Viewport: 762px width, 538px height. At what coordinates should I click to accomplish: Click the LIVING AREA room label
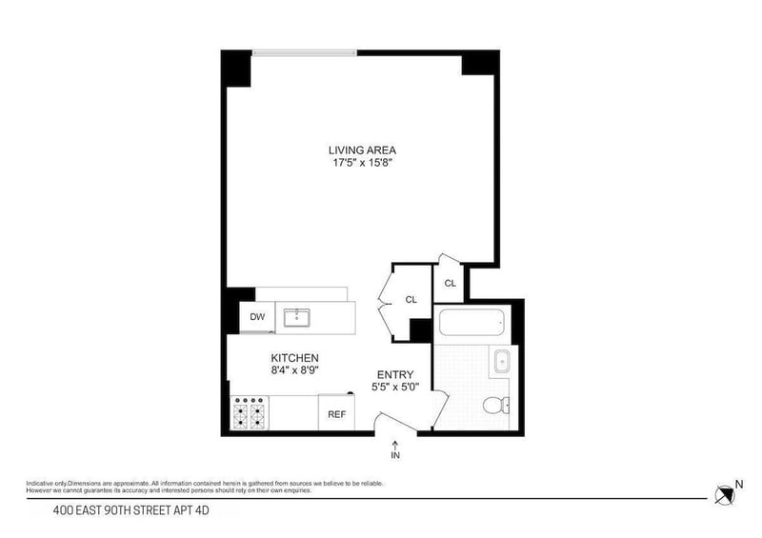coord(362,149)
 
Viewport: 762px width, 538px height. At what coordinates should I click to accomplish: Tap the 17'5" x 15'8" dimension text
coord(362,163)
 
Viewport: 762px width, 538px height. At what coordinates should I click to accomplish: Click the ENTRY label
coord(394,374)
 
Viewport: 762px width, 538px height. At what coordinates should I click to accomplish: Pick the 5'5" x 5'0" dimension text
coord(394,388)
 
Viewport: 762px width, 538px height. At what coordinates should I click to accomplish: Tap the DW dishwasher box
coord(257,317)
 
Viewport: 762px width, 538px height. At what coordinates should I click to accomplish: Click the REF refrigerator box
coord(336,413)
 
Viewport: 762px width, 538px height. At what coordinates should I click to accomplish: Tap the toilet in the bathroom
coord(494,407)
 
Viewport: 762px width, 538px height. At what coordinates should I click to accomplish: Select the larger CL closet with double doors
coord(411,299)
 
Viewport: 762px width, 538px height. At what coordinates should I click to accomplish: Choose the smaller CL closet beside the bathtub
coord(450,283)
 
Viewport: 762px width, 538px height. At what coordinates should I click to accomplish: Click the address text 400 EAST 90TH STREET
coord(130,512)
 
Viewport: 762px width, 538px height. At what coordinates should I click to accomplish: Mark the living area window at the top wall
coord(305,51)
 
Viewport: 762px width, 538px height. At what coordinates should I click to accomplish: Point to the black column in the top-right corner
coord(479,63)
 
